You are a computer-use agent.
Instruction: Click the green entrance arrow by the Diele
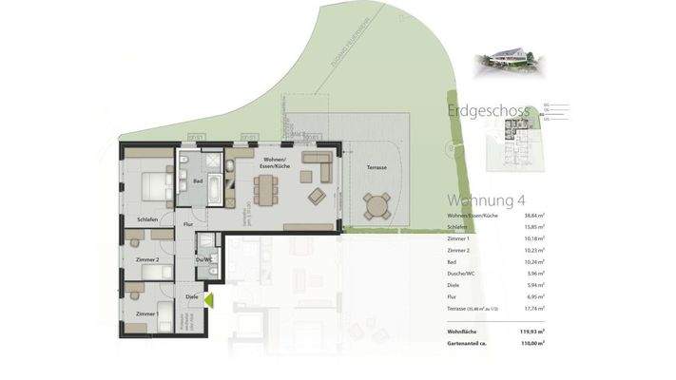pyautogui.click(x=208, y=300)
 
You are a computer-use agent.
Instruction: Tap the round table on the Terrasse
pyautogui.click(x=377, y=204)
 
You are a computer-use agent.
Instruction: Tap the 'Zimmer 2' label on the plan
pyautogui.click(x=147, y=258)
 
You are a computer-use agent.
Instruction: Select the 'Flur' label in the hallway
pyautogui.click(x=189, y=225)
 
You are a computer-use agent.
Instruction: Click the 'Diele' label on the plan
pyautogui.click(x=192, y=296)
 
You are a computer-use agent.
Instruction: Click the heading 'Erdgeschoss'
pyautogui.click(x=488, y=112)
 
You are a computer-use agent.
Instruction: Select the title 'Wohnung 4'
pyautogui.click(x=486, y=200)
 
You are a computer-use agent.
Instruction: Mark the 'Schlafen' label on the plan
pyautogui.click(x=147, y=218)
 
